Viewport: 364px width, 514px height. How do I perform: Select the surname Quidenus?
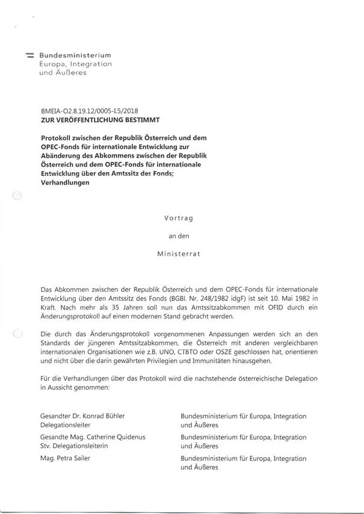tap(126, 436)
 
